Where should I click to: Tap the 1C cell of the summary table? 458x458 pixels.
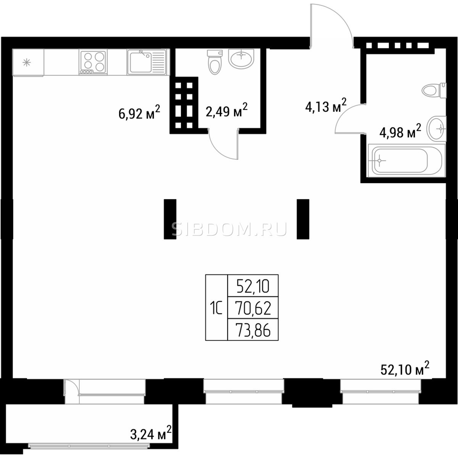click(x=216, y=308)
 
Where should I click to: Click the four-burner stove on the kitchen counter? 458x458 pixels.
click(x=93, y=62)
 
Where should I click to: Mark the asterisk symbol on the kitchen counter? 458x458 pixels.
click(x=27, y=63)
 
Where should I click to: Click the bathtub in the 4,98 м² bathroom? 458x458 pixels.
click(x=406, y=161)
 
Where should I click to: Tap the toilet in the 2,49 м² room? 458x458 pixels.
click(x=215, y=62)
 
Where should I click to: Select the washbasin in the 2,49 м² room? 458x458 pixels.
click(x=241, y=58)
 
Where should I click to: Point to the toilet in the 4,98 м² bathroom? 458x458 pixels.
click(x=434, y=90)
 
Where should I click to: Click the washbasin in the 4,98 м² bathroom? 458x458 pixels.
click(x=437, y=129)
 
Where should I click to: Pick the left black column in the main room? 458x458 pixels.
click(x=170, y=219)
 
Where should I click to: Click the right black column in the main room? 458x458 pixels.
click(x=303, y=219)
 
